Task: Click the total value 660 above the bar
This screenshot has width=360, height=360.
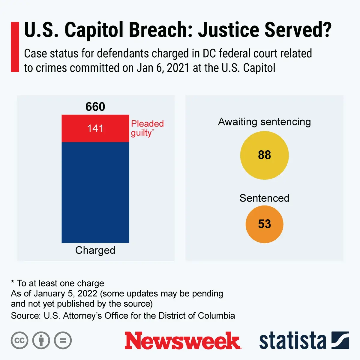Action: coord(95,107)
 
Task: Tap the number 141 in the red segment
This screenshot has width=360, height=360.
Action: coord(95,128)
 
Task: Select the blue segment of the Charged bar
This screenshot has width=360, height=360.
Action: coord(95,192)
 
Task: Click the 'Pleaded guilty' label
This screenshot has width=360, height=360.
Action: coord(147,128)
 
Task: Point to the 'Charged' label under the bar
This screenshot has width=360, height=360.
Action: coord(95,250)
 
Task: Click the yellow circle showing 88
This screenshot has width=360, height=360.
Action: coord(264,155)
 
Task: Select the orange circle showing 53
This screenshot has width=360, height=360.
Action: coord(264,224)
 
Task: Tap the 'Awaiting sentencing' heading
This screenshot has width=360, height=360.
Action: coord(264,122)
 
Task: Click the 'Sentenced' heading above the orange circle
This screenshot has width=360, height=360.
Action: coord(264,198)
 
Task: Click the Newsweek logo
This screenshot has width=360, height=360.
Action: coord(182,341)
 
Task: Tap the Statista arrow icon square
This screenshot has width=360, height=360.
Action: coord(340,340)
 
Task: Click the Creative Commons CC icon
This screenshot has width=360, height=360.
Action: coord(19,340)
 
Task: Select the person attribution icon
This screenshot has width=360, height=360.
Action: coord(41,340)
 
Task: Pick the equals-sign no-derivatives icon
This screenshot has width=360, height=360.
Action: coord(63,340)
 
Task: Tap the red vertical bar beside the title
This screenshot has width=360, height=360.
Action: coord(15,47)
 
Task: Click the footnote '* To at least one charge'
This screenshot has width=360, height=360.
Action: coord(58,283)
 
